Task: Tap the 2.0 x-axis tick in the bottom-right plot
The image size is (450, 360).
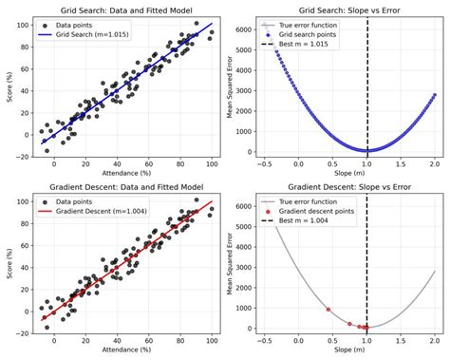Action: (x=434, y=340)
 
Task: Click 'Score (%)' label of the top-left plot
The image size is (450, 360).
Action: (x=9, y=88)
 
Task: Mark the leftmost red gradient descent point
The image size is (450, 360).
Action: (x=328, y=310)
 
